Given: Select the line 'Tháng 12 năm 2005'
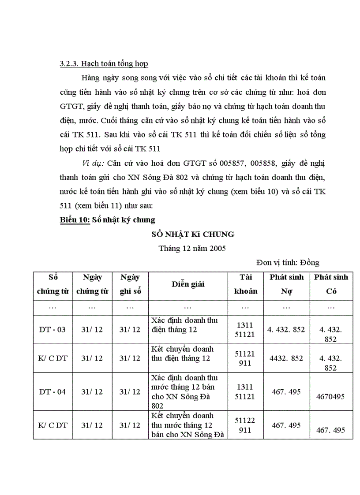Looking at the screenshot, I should pos(192,248).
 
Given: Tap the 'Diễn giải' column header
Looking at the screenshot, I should pos(187,284).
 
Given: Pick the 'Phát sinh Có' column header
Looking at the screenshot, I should pos(331,284).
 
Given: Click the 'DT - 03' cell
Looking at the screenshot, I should pos(52,330).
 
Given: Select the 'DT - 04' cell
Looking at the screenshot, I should pos(52,391).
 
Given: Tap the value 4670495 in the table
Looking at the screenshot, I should pos(330,396).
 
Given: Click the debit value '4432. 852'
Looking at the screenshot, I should pos(286,358).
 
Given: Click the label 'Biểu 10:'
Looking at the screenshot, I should pos(75,220).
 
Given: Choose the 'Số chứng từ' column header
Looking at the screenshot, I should pos(52,284).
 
